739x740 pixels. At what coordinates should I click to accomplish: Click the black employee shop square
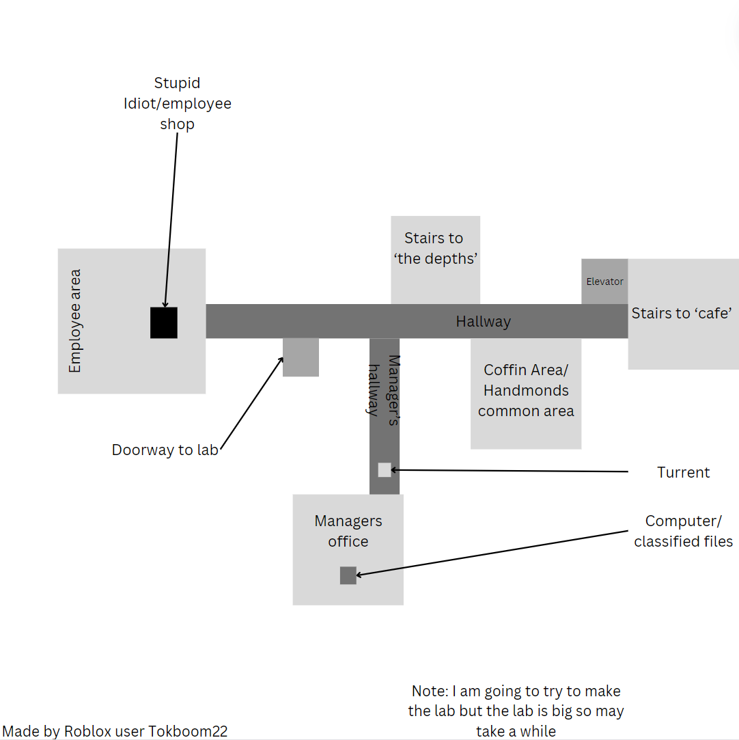point(164,323)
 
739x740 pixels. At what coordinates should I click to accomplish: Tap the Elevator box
point(604,282)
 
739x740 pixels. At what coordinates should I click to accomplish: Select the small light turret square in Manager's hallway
point(385,470)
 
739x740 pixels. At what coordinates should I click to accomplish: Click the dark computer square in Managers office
point(348,575)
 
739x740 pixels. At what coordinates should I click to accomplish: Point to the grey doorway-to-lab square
point(301,357)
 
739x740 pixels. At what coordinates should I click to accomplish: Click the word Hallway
point(484,321)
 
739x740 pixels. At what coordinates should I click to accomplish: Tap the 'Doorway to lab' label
point(165,450)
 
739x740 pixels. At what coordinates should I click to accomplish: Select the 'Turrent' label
point(684,472)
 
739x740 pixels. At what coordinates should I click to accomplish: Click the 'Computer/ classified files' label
point(684,531)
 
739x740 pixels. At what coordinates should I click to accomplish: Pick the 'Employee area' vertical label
point(75,321)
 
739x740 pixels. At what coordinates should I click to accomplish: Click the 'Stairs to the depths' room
point(436,260)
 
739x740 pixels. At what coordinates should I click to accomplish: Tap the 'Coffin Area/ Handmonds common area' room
point(526,394)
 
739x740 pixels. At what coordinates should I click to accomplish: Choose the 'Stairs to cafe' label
point(682,314)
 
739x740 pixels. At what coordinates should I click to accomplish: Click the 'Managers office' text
point(348,531)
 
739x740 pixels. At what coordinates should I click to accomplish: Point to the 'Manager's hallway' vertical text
point(383,390)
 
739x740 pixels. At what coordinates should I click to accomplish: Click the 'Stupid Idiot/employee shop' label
point(178,103)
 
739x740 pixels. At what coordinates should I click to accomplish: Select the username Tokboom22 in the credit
point(188,731)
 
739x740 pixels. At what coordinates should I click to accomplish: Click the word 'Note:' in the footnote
point(430,691)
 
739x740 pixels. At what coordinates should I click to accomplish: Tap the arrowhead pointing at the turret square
point(394,470)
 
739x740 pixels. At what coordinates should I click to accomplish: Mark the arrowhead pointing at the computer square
point(359,575)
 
